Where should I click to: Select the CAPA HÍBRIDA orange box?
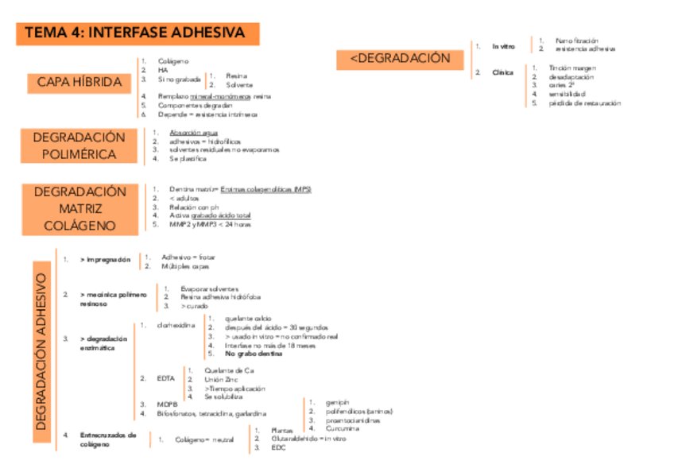79,82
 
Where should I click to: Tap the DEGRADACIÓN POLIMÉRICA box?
79,145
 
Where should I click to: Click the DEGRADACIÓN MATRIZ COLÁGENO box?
80,208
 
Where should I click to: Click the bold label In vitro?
503,47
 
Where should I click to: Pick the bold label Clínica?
502,73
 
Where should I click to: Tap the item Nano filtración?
576,41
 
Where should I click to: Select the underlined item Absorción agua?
194,132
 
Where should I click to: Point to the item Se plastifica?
188,159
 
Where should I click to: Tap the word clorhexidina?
176,326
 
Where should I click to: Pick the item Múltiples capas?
185,266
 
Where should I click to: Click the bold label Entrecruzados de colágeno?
108,439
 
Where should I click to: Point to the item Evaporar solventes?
210,288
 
